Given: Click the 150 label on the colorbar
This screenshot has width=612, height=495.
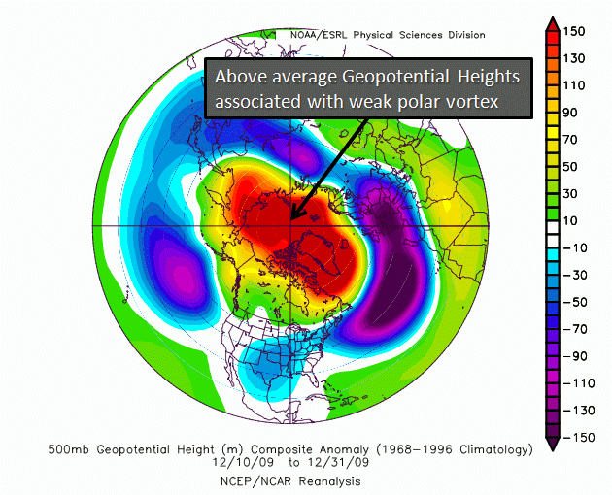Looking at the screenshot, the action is click(x=574, y=31).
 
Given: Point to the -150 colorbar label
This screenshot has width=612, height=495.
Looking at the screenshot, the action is click(x=579, y=438).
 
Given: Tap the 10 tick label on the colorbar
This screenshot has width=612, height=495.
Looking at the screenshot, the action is click(x=570, y=220).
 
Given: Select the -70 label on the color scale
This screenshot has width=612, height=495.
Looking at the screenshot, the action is click(x=575, y=329).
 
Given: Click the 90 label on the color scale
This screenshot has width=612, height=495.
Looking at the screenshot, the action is click(x=570, y=113).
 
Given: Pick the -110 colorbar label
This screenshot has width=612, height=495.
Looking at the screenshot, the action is click(x=579, y=383).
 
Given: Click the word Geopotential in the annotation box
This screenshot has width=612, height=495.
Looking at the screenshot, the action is click(x=395, y=77).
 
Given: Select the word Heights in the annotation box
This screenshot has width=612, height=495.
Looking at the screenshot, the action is click(x=489, y=77).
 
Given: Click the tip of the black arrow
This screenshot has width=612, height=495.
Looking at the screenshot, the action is click(x=291, y=220).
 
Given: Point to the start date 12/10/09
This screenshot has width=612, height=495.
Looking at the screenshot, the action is click(x=243, y=463).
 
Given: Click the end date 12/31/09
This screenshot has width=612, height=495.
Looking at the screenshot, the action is click(x=338, y=463).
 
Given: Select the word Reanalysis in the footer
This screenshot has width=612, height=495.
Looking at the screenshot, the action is click(x=330, y=482).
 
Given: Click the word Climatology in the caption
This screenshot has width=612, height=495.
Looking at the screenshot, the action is click(x=496, y=450).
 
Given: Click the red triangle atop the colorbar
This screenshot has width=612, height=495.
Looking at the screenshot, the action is click(x=553, y=24).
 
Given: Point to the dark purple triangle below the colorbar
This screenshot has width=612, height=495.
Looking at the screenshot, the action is click(x=553, y=445).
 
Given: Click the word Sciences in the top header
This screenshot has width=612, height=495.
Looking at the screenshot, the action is click(x=422, y=35).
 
